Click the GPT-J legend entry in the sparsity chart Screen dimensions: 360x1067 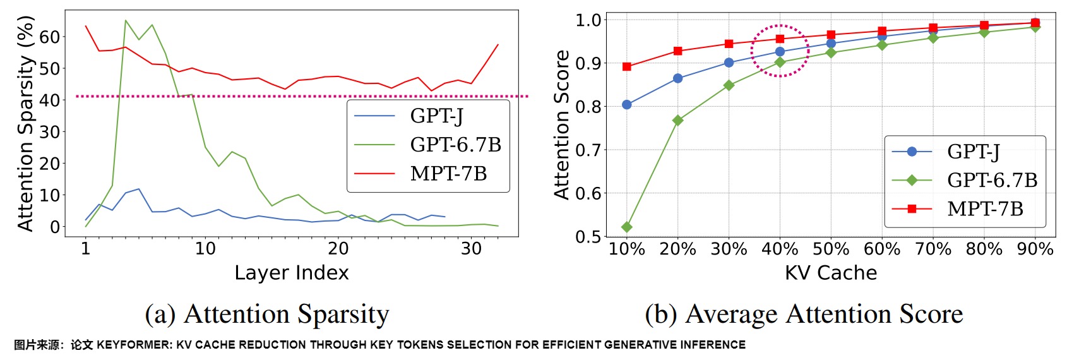(x=436, y=116)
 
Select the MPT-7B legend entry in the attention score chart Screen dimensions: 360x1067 (x=985, y=208)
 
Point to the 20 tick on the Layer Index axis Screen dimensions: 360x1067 (x=338, y=249)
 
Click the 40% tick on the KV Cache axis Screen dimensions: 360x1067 (x=780, y=249)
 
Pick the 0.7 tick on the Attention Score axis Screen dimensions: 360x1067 (x=588, y=150)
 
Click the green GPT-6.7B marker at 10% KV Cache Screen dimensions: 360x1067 (x=627, y=227)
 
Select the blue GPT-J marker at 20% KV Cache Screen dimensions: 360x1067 (x=678, y=78)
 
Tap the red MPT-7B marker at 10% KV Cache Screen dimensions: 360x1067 (x=627, y=66)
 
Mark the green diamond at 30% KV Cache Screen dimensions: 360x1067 (x=729, y=85)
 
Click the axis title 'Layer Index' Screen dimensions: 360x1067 (x=291, y=273)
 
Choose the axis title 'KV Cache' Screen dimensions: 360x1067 (x=830, y=273)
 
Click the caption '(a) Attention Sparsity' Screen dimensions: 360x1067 (x=267, y=314)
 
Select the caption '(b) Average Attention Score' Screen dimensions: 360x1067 (x=804, y=314)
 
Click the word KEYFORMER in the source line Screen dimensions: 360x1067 (x=134, y=345)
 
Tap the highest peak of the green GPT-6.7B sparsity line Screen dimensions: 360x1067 (x=126, y=21)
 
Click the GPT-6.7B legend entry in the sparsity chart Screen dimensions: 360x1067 (x=455, y=145)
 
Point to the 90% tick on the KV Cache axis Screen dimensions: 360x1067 (x=1035, y=249)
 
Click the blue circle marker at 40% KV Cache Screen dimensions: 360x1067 (x=780, y=52)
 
